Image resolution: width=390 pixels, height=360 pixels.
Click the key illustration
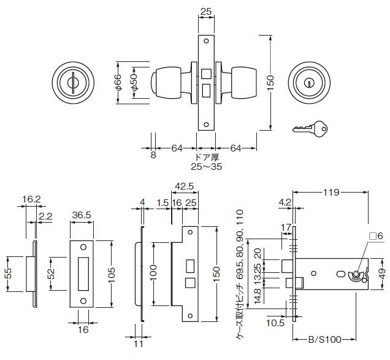pyautogui.click(x=310, y=128)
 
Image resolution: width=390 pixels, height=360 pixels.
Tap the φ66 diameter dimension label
pyautogui.click(x=118, y=82)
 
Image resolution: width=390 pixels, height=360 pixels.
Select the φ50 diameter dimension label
pyautogui.click(x=134, y=82)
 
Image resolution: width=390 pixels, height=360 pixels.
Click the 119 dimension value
pyautogui.click(x=331, y=192)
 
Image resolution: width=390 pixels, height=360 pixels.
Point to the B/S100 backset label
pyautogui.click(x=325, y=339)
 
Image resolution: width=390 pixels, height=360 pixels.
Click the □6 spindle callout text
pyautogui.click(x=376, y=236)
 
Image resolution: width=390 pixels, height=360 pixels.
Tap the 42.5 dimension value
pyautogui.click(x=185, y=186)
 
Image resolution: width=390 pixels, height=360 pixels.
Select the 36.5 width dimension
pyautogui.click(x=82, y=215)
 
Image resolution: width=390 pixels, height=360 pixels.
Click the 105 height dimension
pyautogui.click(x=112, y=274)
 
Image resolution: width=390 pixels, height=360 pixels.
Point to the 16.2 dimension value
pyautogui.click(x=31, y=199)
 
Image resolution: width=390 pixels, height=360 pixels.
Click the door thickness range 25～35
pyautogui.click(x=206, y=166)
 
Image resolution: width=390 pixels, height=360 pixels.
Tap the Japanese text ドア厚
pyautogui.click(x=207, y=157)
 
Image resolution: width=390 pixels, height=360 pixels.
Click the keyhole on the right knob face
pyautogui.click(x=309, y=83)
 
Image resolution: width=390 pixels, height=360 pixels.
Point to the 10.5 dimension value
pyautogui.click(x=275, y=323)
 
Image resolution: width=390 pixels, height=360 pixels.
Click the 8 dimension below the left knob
pyautogui.click(x=153, y=155)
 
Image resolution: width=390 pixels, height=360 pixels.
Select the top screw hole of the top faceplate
pyautogui.click(x=206, y=41)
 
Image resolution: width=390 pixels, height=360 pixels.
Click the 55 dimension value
pyautogui.click(x=8, y=274)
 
